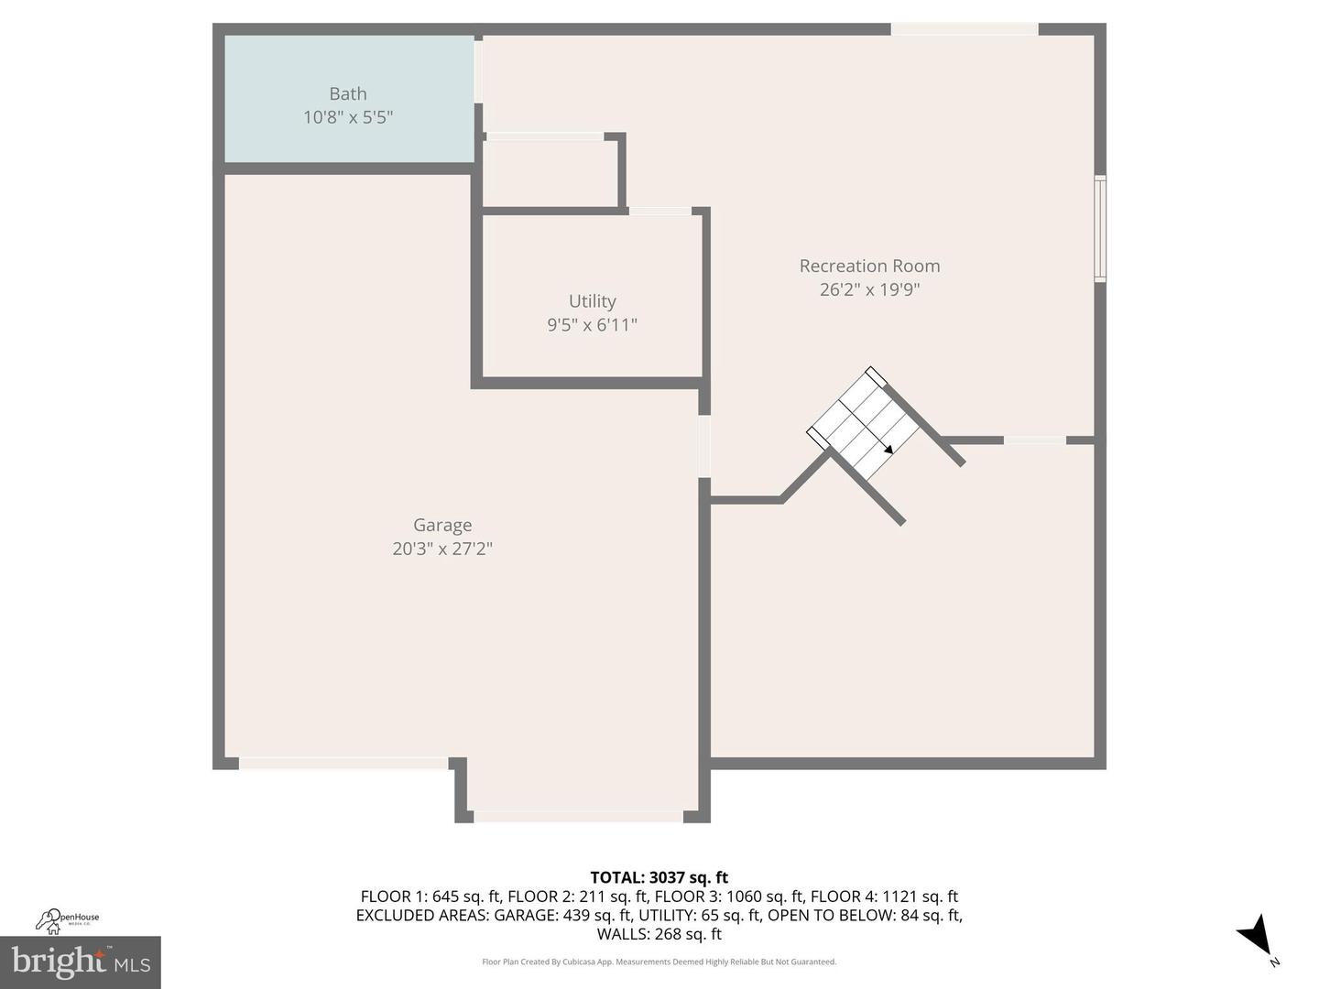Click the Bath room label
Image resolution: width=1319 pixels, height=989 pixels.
pyautogui.click(x=348, y=93)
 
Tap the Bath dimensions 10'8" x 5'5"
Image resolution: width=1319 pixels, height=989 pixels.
pyautogui.click(x=348, y=117)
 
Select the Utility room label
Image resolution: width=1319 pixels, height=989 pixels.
pyautogui.click(x=592, y=301)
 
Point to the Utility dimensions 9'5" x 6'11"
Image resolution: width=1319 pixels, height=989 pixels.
pyautogui.click(x=592, y=325)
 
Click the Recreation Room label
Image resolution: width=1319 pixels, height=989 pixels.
pyautogui.click(x=869, y=266)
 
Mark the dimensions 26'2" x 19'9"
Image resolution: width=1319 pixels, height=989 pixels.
pyautogui.click(x=869, y=289)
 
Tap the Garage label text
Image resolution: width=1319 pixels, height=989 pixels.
pyautogui.click(x=442, y=525)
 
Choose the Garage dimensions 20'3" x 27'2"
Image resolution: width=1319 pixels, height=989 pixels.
pyautogui.click(x=442, y=549)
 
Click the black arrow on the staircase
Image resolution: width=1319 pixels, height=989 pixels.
pyautogui.click(x=888, y=449)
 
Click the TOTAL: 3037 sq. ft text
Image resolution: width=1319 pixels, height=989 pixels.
pyautogui.click(x=659, y=877)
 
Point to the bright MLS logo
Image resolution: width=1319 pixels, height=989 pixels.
pyautogui.click(x=81, y=962)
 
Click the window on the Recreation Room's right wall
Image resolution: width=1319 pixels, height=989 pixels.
pyautogui.click(x=1100, y=228)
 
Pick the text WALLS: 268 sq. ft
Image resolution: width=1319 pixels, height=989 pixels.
pyautogui.click(x=659, y=934)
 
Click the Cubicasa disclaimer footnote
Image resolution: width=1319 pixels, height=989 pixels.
pyautogui.click(x=659, y=962)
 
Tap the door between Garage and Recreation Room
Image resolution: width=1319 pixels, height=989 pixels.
pyautogui.click(x=704, y=446)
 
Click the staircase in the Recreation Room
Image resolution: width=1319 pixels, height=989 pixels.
pyautogui.click(x=863, y=426)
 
